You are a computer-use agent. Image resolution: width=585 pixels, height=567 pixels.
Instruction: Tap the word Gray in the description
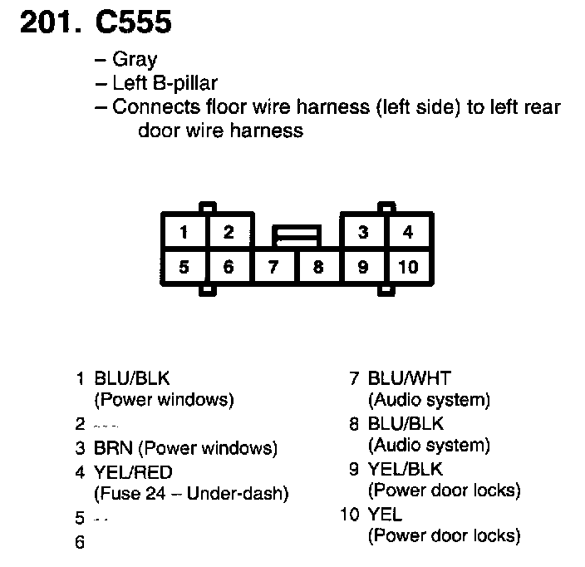[x=134, y=60]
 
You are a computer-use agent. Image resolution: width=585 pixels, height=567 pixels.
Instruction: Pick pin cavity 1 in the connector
[x=184, y=232]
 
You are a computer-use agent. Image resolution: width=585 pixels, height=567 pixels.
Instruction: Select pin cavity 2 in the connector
[x=229, y=232]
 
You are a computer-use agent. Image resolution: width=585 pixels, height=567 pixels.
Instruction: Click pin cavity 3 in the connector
[x=362, y=232]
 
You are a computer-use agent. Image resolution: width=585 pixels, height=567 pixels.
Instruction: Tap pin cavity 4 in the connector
[x=407, y=232]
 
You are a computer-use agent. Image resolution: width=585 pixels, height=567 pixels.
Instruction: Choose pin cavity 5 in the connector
[x=184, y=267]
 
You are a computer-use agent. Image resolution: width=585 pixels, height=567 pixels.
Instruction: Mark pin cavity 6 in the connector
[x=229, y=267]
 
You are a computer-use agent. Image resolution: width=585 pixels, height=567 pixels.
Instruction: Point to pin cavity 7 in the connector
[x=273, y=267]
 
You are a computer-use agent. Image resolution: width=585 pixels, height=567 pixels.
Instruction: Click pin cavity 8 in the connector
[x=317, y=267]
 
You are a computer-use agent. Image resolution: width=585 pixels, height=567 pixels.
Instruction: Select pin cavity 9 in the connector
[x=362, y=267]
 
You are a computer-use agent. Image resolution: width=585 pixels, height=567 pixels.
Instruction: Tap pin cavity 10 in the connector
[x=407, y=267]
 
